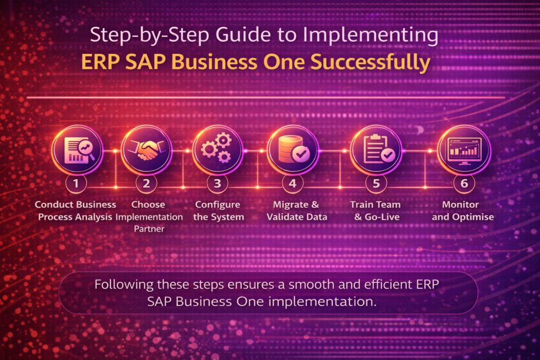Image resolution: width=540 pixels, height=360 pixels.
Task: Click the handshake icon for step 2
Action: [147, 150]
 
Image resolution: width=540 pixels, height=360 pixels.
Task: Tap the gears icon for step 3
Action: [217, 148]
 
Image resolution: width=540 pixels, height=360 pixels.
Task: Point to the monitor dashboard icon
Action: [464, 151]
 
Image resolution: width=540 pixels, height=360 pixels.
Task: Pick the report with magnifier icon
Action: [79, 150]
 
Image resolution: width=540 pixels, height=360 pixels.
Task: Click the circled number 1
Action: [76, 183]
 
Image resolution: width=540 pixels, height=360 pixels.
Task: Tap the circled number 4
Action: [292, 183]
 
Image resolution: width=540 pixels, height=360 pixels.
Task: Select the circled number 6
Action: [464, 183]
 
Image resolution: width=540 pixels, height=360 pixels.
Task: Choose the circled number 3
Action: [217, 183]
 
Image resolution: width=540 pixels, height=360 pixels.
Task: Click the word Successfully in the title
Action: [370, 62]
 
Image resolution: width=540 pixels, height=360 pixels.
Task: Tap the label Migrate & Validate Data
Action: [297, 211]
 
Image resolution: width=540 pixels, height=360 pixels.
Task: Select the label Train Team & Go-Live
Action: [375, 211]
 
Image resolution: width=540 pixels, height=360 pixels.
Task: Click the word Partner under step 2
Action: [149, 229]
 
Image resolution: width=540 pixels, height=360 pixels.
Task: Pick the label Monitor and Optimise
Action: [463, 211]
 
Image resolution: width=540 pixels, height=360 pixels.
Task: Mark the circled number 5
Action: [376, 183]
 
